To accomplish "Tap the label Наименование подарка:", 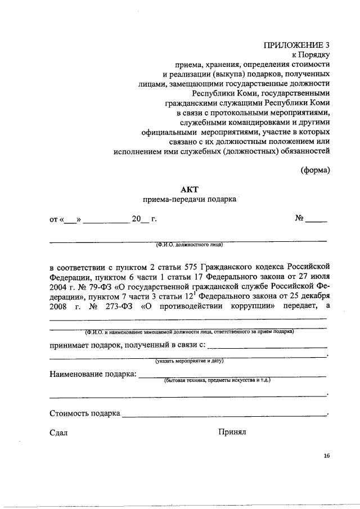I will pos(93,374).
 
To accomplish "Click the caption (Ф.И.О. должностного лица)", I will pos(190,245).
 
